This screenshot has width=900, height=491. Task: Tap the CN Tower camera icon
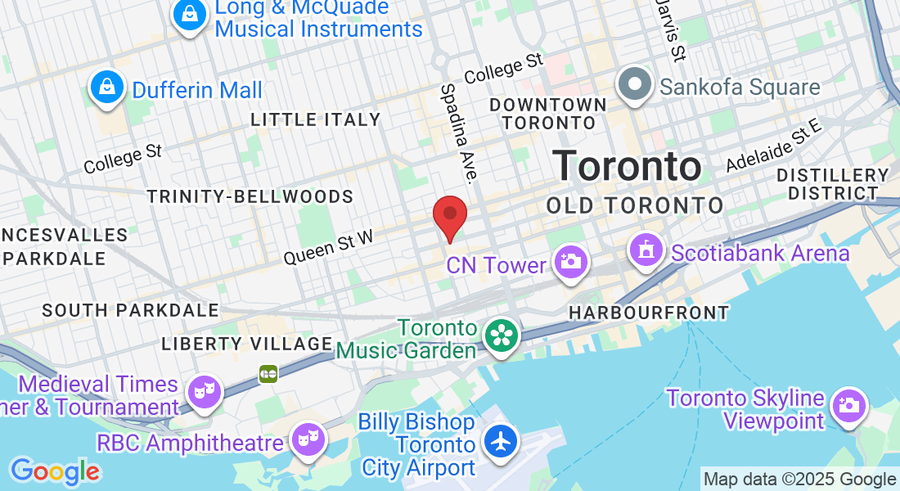click(x=570, y=263)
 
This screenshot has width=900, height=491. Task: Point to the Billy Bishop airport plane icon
click(x=501, y=442)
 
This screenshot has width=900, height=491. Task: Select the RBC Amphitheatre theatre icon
click(x=308, y=439)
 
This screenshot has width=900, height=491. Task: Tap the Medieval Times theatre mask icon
click(x=202, y=391)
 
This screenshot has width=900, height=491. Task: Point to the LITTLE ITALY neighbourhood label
click(x=316, y=119)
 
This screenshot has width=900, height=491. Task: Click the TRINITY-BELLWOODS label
click(x=250, y=196)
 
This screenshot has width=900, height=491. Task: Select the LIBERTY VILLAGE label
click(x=246, y=344)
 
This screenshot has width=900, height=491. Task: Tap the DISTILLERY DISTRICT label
click(x=833, y=184)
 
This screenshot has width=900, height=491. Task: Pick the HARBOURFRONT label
click(x=649, y=313)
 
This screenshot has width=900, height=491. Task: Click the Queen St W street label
click(x=328, y=246)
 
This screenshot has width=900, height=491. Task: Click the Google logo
click(x=55, y=471)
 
